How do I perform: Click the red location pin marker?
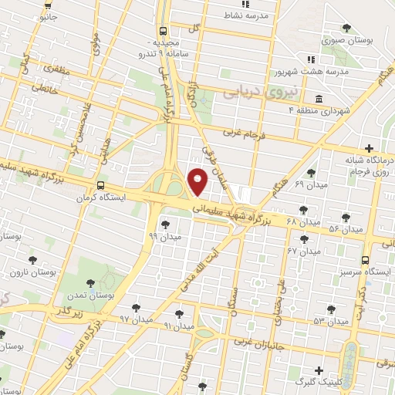(198, 181)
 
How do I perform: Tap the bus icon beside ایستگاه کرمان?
(102, 186)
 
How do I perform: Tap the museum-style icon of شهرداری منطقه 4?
(319, 99)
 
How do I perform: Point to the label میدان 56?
(345, 229)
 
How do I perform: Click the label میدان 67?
(303, 251)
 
